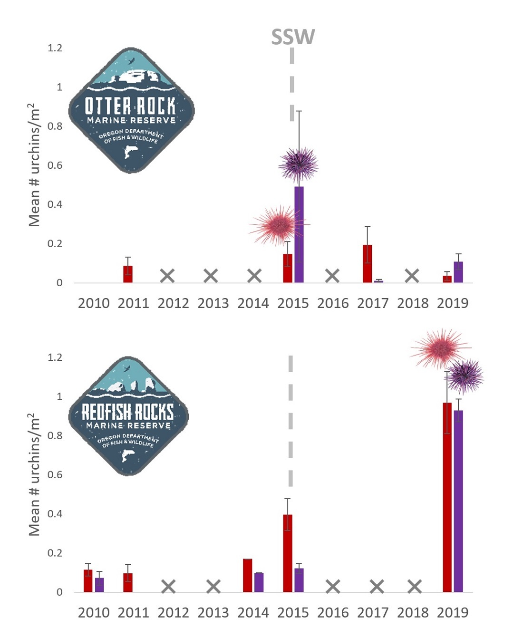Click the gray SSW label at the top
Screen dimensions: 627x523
(293, 37)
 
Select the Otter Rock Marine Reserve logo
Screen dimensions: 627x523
(131, 110)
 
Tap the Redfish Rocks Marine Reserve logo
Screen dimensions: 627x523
(128, 416)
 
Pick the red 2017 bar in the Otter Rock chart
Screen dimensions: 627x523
(367, 264)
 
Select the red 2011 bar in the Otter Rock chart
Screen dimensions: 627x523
(128, 274)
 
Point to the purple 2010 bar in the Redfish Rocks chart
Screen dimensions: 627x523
(99, 585)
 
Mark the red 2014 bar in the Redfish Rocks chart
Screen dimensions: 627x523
(247, 575)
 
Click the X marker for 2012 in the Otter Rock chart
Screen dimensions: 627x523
(167, 276)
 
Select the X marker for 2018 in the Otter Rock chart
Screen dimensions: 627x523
(412, 276)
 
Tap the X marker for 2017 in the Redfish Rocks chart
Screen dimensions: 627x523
(377, 587)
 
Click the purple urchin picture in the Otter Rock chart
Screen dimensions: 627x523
(299, 164)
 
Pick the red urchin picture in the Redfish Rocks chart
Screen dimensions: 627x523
(440, 348)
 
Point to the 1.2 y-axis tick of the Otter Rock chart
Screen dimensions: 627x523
(55, 48)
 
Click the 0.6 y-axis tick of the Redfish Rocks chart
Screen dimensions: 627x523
(55, 475)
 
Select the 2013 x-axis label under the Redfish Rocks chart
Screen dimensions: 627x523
(213, 612)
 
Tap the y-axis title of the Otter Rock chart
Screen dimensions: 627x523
(34, 165)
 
